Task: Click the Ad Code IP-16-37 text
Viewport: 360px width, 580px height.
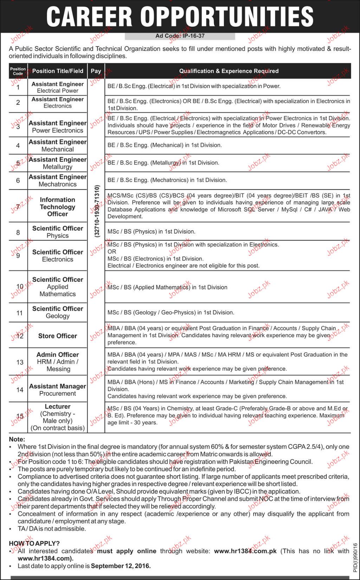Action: point(180,36)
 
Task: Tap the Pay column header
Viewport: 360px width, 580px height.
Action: point(96,71)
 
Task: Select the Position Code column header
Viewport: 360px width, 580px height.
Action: point(18,71)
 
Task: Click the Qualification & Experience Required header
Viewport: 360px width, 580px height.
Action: point(229,71)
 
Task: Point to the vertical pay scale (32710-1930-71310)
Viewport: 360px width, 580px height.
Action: point(97,211)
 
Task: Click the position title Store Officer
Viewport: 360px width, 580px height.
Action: point(58,336)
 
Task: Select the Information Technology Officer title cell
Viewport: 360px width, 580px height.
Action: point(58,207)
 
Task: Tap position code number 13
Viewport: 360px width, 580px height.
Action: point(20,362)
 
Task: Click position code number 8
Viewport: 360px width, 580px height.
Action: point(18,232)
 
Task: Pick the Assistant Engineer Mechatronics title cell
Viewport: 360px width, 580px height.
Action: point(58,181)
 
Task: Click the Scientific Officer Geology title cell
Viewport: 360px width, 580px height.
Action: point(58,312)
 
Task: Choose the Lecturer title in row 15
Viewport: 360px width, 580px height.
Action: point(58,406)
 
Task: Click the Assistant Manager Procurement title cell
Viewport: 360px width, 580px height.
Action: point(58,390)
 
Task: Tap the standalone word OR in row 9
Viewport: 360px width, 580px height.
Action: point(112,252)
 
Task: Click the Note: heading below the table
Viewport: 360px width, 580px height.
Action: point(17,439)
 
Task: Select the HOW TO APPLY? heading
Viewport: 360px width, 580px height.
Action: point(34,543)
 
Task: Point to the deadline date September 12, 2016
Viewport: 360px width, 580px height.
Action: point(121,566)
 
